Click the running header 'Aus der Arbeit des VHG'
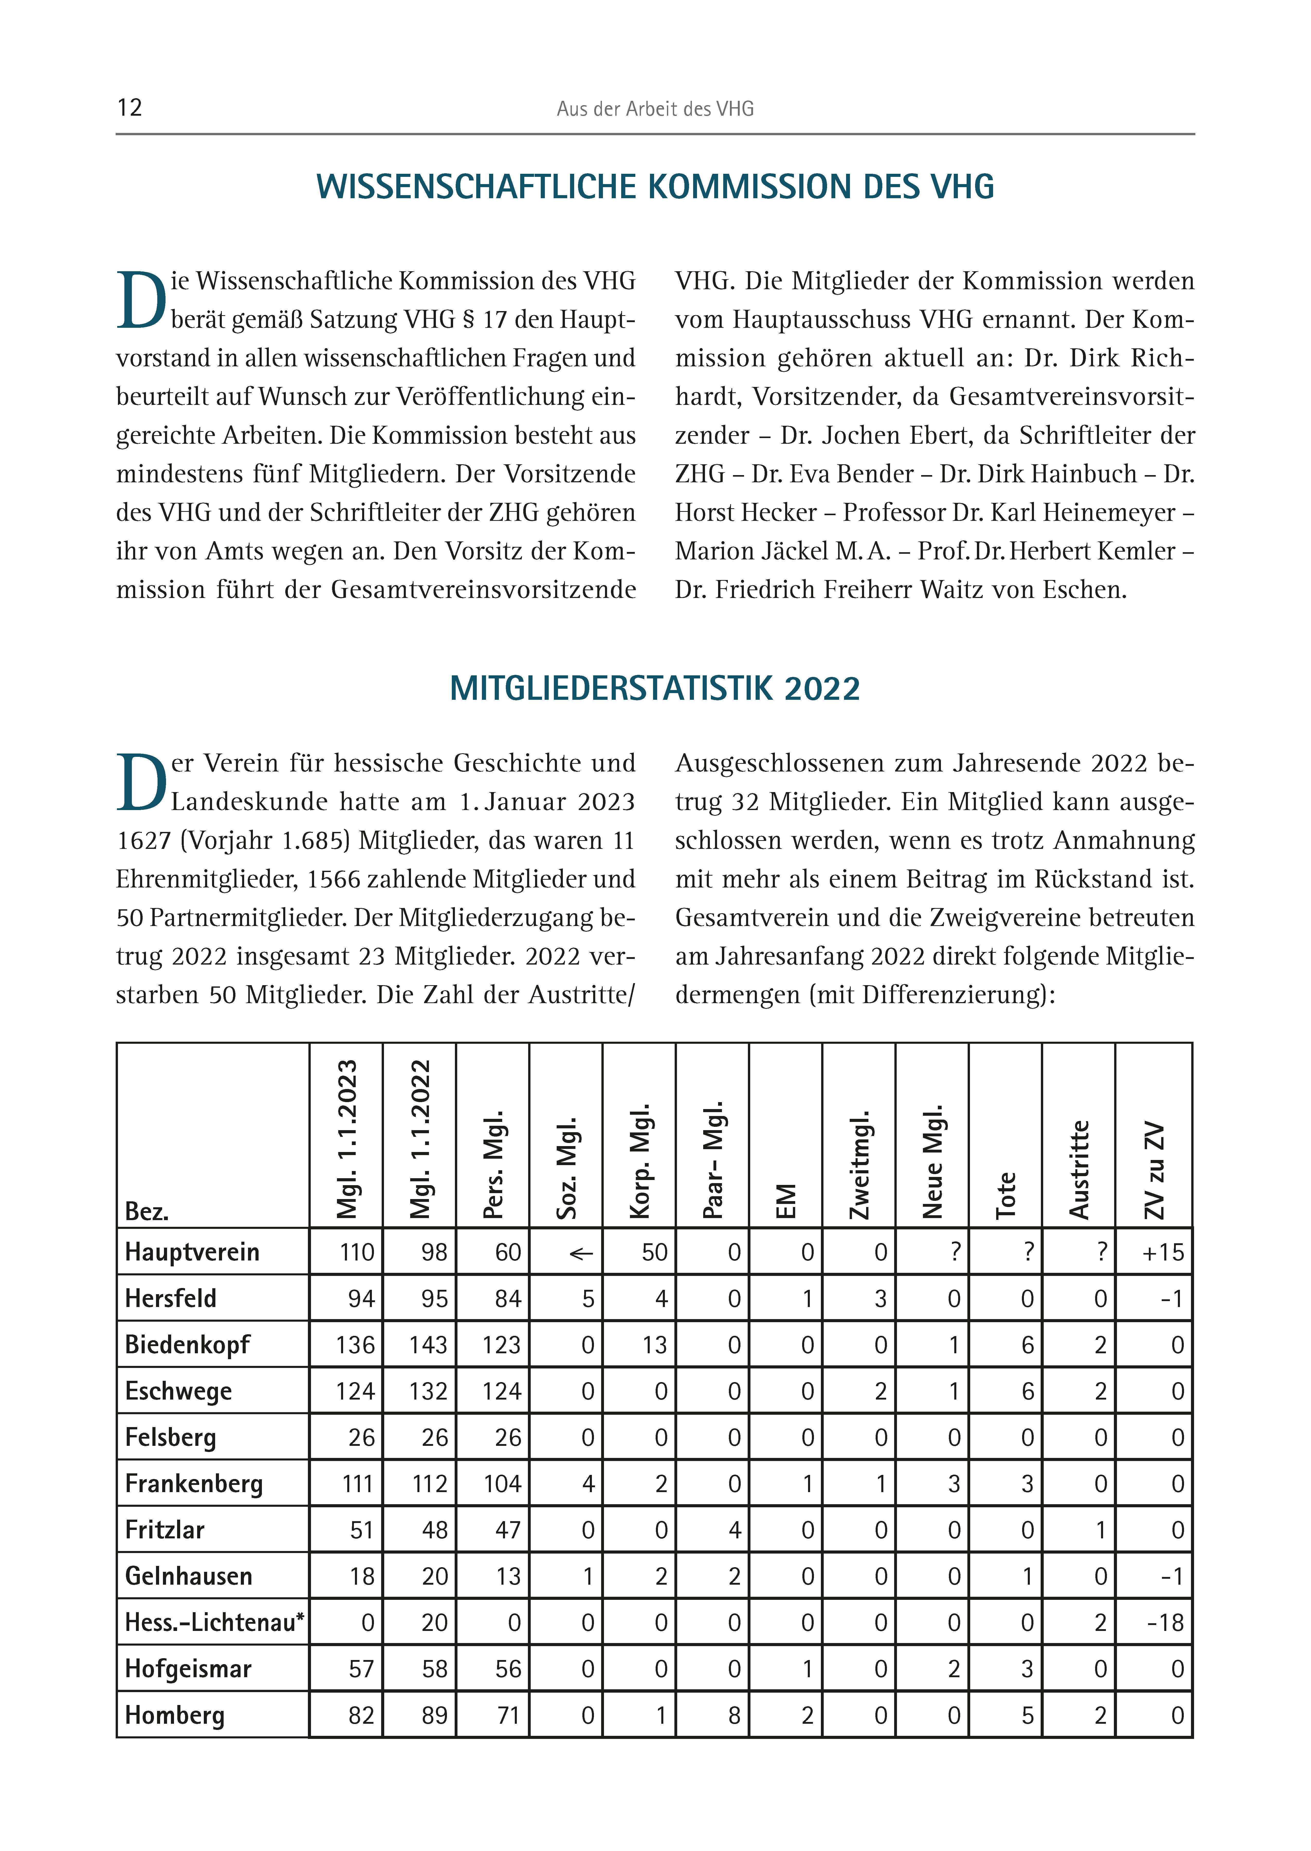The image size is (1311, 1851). [x=655, y=109]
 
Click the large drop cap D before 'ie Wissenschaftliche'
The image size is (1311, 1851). [x=141, y=301]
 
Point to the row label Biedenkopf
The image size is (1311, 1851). [x=187, y=1345]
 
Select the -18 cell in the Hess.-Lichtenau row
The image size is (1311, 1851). [x=1165, y=1622]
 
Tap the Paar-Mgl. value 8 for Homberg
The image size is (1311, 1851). [x=734, y=1715]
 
